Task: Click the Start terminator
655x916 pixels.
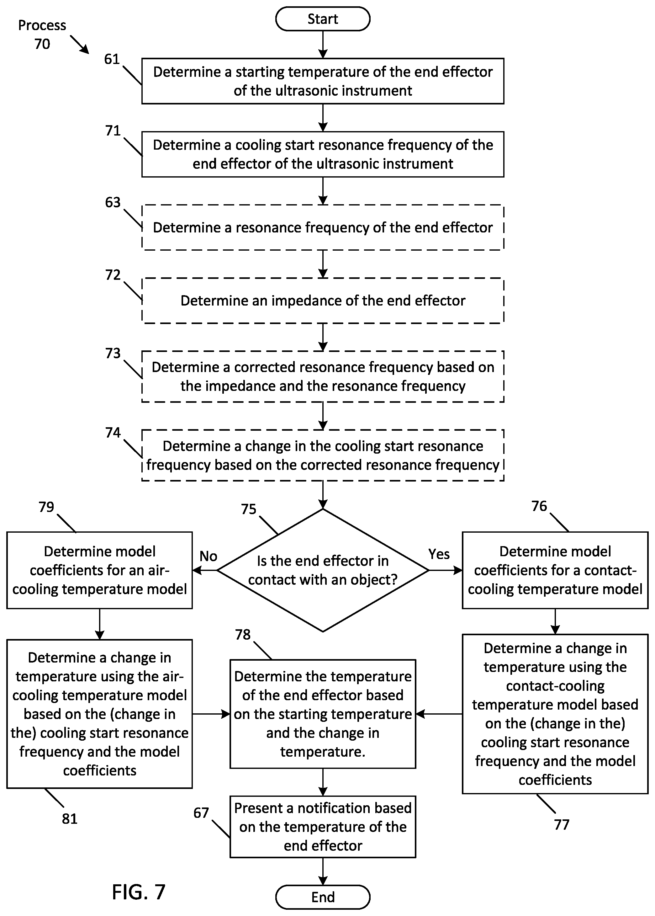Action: [x=323, y=19]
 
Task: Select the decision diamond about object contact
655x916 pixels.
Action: [x=323, y=570]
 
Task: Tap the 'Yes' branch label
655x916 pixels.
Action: [x=439, y=554]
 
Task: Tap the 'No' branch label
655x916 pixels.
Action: [x=208, y=557]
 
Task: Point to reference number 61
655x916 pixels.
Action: [x=112, y=59]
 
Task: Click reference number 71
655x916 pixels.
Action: [x=113, y=131]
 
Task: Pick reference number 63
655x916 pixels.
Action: [x=113, y=202]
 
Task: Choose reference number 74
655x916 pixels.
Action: [x=113, y=433]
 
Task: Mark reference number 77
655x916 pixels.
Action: [x=562, y=825]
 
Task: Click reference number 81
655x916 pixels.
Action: [x=69, y=819]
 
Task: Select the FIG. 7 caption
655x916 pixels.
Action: [x=139, y=892]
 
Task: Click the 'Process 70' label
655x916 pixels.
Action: [x=42, y=34]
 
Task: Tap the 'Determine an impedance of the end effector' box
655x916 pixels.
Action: [x=323, y=301]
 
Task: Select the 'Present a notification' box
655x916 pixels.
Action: [x=323, y=827]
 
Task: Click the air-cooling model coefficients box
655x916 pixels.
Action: [x=99, y=570]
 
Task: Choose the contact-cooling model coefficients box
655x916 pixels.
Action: [x=555, y=570]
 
